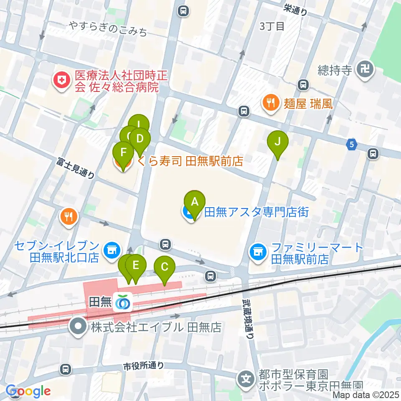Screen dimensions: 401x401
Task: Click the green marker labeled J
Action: (x=278, y=142)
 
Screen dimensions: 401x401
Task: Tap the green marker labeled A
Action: (x=194, y=202)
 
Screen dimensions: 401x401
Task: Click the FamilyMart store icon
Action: (x=258, y=253)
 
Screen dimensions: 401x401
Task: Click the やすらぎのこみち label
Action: (x=109, y=29)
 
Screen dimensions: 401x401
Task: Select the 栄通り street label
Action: (x=295, y=9)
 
